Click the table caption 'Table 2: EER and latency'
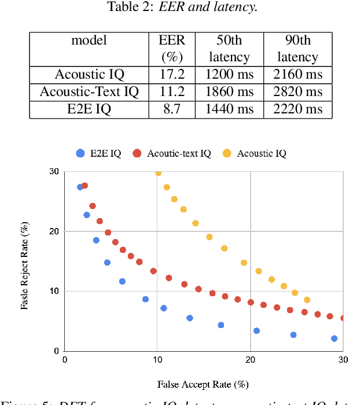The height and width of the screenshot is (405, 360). pyautogui.click(x=180, y=8)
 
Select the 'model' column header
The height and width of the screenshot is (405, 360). pyautogui.click(x=89, y=41)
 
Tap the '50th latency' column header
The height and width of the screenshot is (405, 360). pyautogui.click(x=230, y=49)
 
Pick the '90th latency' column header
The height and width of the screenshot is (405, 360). pyautogui.click(x=297, y=49)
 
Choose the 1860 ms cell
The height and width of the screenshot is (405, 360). pyautogui.click(x=230, y=92)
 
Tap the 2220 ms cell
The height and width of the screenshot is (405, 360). pyautogui.click(x=297, y=109)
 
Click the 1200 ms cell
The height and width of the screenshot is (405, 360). pyautogui.click(x=230, y=75)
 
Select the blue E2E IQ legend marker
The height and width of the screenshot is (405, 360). pyautogui.click(x=80, y=153)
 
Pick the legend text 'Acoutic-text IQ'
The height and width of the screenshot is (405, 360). pyautogui.click(x=179, y=153)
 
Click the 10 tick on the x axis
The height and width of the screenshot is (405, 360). pyautogui.click(x=157, y=359)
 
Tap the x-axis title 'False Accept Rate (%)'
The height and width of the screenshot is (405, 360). pyautogui.click(x=203, y=384)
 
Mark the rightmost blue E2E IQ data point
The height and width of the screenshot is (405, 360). pyautogui.click(x=334, y=338)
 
